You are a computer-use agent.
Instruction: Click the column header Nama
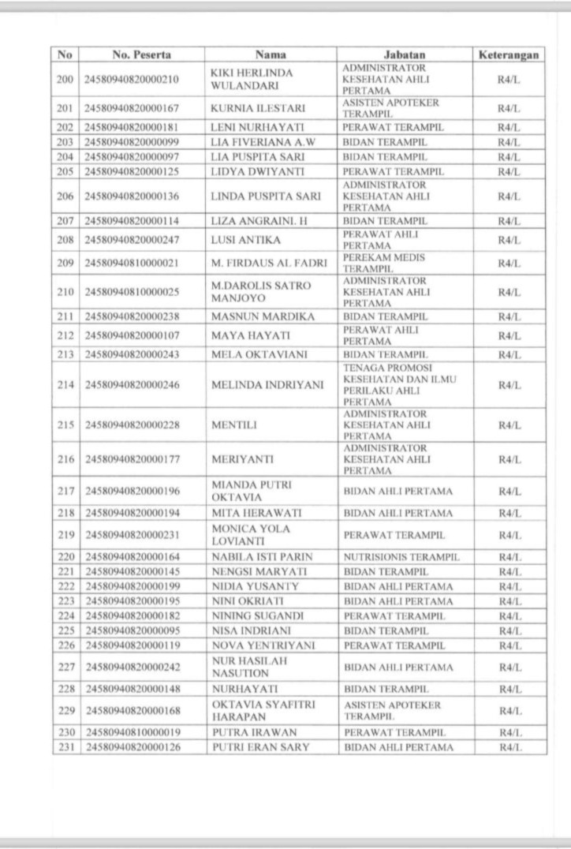click(271, 55)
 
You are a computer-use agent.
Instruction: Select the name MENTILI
click(230, 424)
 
